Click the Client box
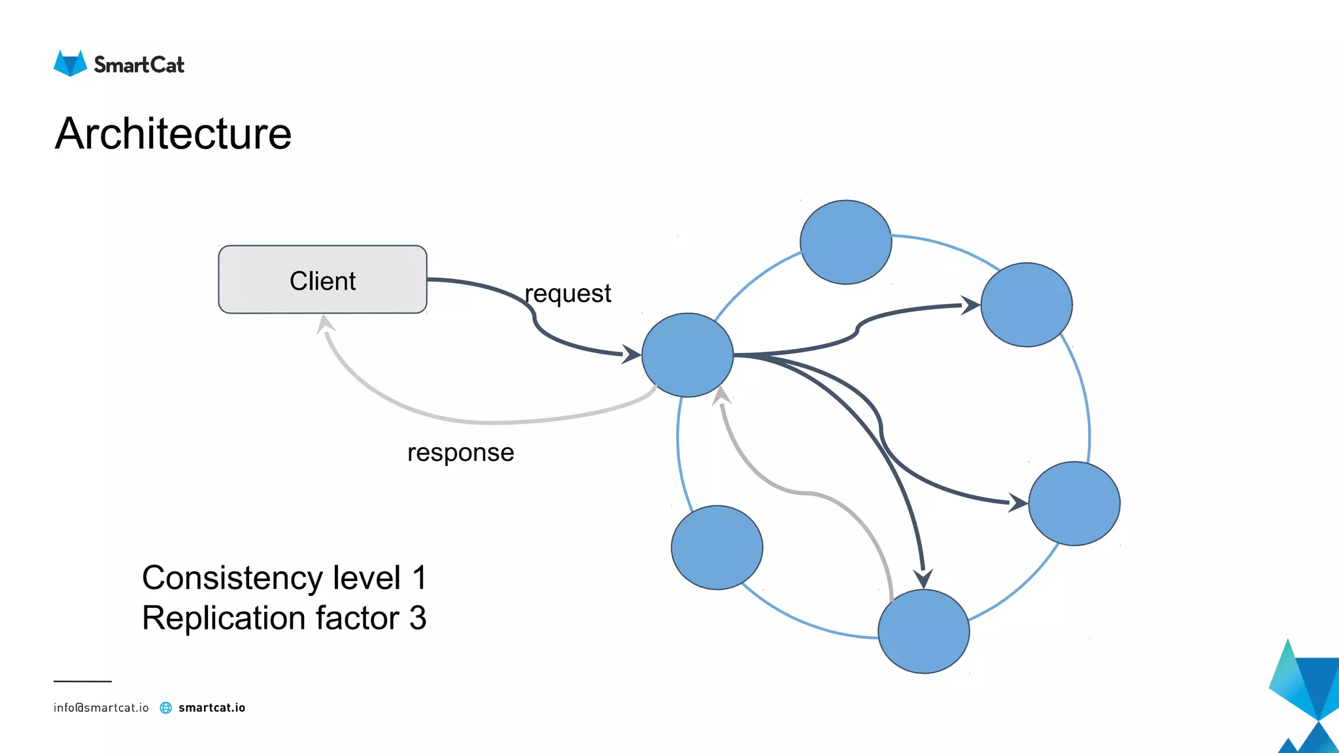pyautogui.click(x=322, y=280)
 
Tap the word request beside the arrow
pyautogui.click(x=568, y=293)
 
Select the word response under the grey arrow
pyautogui.click(x=460, y=452)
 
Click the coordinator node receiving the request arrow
pyautogui.click(x=687, y=355)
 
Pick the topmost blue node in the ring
pyautogui.click(x=845, y=243)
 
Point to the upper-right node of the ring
pyautogui.click(x=1026, y=305)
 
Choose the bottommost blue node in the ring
pyautogui.click(x=923, y=631)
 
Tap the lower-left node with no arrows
pyautogui.click(x=717, y=548)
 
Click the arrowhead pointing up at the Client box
pyautogui.click(x=325, y=323)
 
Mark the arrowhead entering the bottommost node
pyautogui.click(x=923, y=578)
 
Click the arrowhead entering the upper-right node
pyautogui.click(x=970, y=305)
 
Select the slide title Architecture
pyautogui.click(x=173, y=134)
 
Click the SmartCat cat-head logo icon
pyautogui.click(x=70, y=63)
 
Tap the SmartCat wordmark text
pyautogui.click(x=139, y=65)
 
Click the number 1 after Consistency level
pyautogui.click(x=419, y=578)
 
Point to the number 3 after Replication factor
pyautogui.click(x=418, y=618)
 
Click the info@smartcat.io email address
pyautogui.click(x=101, y=708)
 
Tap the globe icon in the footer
pyautogui.click(x=166, y=708)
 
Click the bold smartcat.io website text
pyautogui.click(x=212, y=708)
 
